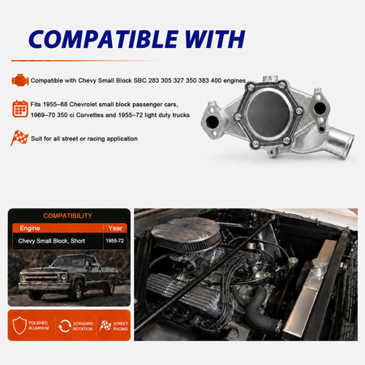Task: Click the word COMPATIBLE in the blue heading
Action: coord(104,39)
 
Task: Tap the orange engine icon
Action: coord(20,80)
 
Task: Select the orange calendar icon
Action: coord(20,109)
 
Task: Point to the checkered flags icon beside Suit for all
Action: coord(19,138)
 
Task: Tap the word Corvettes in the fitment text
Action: coord(89,115)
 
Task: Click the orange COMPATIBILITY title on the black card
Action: coord(67,216)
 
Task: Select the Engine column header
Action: coord(30,228)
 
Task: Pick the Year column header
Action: coord(115,228)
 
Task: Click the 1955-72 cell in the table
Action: coord(115,241)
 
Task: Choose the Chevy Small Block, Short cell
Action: coord(51,241)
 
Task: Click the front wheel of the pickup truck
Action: coord(77,290)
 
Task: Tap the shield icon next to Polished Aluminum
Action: coord(19,325)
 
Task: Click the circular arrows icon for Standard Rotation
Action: coord(65,326)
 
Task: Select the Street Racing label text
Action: coord(120,326)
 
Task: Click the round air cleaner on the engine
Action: coord(186,234)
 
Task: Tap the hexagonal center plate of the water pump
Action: coord(268,114)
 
